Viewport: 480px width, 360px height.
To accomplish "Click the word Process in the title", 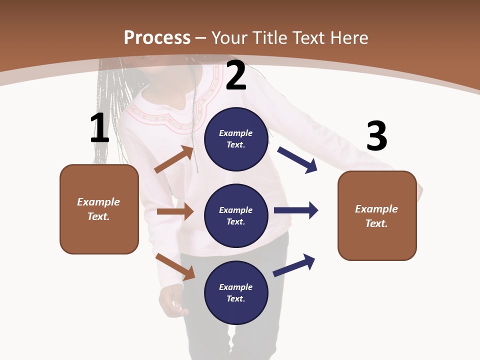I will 157,37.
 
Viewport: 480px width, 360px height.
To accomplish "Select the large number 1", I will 99,128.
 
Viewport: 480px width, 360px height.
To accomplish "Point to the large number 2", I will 236,75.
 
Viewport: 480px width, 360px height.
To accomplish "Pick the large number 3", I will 376,136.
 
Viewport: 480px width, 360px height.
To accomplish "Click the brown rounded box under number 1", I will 99,209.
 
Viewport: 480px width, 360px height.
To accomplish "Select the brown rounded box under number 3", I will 377,215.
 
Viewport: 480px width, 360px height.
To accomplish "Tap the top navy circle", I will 236,139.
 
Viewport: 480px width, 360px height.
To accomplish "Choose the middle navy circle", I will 236,215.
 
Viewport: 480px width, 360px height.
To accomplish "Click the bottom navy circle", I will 236,292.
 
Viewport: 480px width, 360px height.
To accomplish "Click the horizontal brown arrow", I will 175,211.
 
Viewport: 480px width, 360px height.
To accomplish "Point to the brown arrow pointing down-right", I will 175,266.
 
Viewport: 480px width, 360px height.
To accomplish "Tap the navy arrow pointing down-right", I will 297,160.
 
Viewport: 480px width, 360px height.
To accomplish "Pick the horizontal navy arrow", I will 296,210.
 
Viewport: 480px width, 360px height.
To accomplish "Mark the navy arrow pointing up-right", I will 294,265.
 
